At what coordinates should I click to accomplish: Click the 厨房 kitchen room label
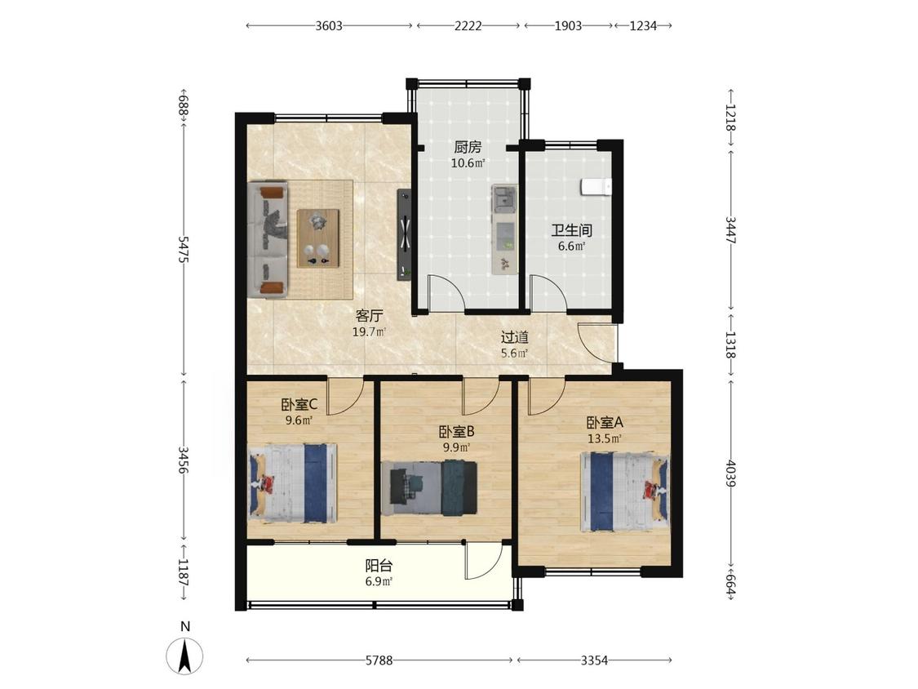tap(468, 147)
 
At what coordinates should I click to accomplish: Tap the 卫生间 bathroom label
tap(571, 230)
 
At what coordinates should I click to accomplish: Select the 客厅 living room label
tap(369, 317)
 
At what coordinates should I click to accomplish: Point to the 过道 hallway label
tap(515, 337)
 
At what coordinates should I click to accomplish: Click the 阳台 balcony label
tap(379, 566)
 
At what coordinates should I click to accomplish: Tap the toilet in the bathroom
tap(596, 186)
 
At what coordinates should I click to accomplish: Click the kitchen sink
tap(504, 199)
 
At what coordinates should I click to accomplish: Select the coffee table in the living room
tap(318, 238)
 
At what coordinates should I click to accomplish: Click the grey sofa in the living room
tap(268, 239)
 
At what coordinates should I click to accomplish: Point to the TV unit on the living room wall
tap(404, 235)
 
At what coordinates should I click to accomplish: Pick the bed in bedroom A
tap(624, 491)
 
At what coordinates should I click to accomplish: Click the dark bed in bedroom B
tap(429, 488)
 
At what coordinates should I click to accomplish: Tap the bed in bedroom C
tap(293, 483)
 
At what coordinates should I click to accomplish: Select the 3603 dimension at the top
tap(329, 26)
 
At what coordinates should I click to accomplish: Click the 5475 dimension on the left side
tap(184, 250)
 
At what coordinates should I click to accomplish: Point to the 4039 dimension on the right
tap(730, 473)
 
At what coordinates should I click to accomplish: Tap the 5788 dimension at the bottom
tap(379, 661)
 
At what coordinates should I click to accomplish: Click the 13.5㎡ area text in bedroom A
tap(605, 439)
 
